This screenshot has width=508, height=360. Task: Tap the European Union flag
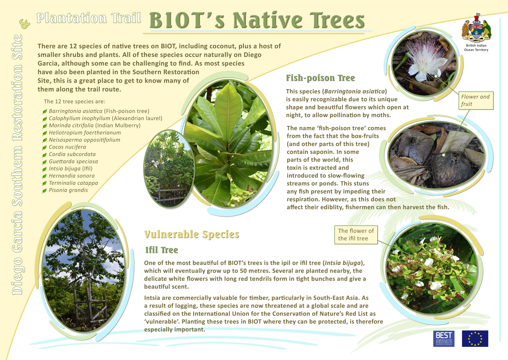point(475,338)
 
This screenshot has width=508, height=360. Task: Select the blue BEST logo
point(444,338)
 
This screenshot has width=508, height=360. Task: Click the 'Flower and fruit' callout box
point(476,100)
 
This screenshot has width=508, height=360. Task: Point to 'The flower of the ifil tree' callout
point(356,235)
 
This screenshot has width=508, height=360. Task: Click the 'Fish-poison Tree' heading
point(320,78)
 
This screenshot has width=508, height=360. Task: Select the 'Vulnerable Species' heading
point(192,234)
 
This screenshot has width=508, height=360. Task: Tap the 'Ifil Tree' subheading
point(162,250)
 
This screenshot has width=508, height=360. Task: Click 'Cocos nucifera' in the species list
point(67,147)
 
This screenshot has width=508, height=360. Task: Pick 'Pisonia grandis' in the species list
point(68,190)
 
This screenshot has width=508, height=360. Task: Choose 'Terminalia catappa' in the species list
point(73,183)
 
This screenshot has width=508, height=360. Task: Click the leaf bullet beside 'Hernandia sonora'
point(44,176)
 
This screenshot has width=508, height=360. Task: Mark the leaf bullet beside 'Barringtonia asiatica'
point(44,111)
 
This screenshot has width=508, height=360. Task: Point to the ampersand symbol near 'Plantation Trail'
point(25,24)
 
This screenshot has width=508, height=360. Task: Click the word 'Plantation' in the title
point(71,18)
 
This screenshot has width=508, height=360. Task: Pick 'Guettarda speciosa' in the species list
point(73,161)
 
